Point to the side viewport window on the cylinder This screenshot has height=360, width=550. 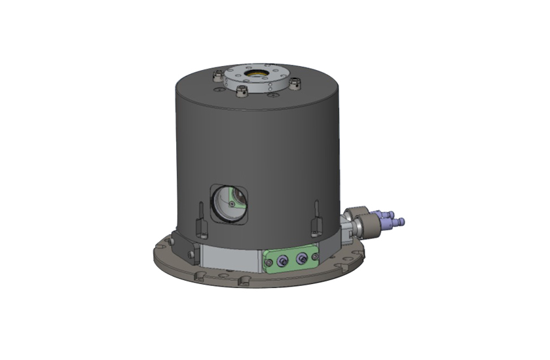click(228, 203)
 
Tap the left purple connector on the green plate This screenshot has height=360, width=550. click(282, 261)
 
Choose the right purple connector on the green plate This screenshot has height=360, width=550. click(302, 259)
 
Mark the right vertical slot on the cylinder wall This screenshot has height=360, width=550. click(317, 216)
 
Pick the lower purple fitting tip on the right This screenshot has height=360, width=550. click(400, 222)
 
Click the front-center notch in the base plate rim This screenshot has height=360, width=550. click(245, 281)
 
